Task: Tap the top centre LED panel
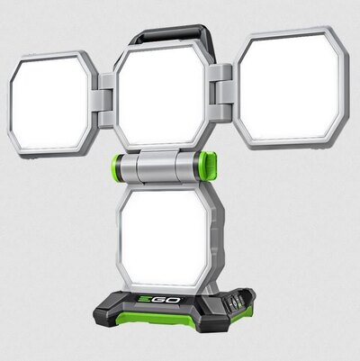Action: click(x=162, y=96)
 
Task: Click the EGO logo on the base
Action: click(x=159, y=299)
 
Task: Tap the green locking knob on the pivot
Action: click(x=208, y=166)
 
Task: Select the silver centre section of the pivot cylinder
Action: click(x=156, y=167)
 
